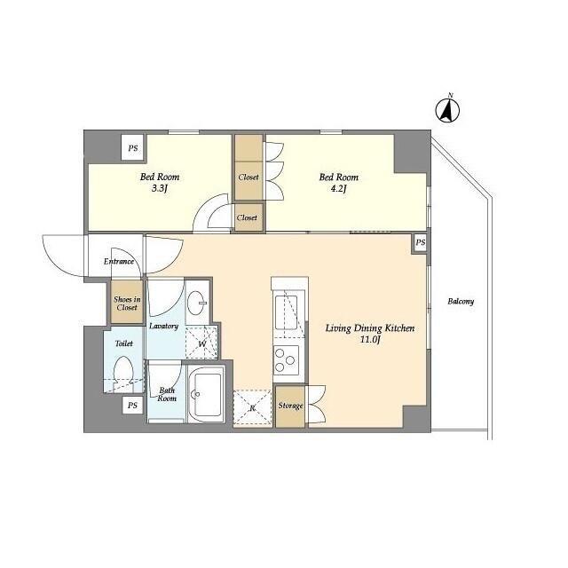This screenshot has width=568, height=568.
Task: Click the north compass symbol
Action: (449, 109)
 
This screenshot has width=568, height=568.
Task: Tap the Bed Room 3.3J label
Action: (159, 182)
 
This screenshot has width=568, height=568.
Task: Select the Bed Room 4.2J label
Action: (338, 182)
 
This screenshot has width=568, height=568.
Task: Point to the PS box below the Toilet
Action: (133, 405)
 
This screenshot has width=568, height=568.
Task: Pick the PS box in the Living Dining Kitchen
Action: (420, 242)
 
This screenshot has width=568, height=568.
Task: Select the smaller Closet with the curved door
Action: (248, 217)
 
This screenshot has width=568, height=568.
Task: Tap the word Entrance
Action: (118, 261)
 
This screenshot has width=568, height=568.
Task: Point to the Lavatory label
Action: (163, 326)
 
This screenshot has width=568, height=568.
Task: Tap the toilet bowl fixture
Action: (124, 374)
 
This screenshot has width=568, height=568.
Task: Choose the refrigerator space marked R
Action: (252, 407)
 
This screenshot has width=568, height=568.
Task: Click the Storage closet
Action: (290, 406)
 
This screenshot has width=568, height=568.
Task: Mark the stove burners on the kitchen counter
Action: (287, 359)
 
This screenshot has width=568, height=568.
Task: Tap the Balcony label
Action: (460, 301)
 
